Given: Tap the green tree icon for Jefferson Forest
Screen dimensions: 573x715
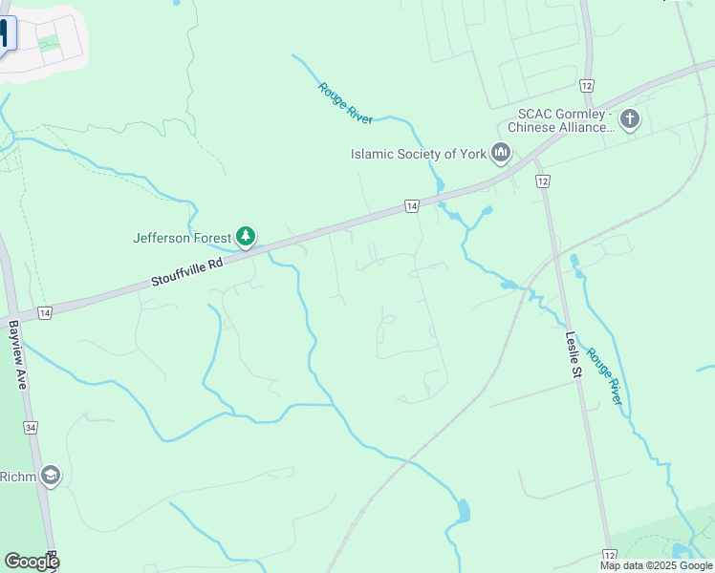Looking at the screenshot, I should [x=246, y=236].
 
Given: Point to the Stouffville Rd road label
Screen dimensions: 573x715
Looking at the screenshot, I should [x=186, y=271].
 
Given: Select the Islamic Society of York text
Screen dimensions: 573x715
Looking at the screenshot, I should [x=418, y=153].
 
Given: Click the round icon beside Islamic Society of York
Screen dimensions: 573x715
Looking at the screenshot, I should [x=501, y=152].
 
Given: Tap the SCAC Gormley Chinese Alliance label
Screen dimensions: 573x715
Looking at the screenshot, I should [x=560, y=120].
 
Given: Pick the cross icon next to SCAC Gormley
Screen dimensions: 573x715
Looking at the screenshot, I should [x=629, y=119].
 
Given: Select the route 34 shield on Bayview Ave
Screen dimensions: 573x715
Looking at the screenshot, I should [x=32, y=428].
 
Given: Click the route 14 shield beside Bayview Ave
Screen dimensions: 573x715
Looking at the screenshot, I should [x=45, y=313].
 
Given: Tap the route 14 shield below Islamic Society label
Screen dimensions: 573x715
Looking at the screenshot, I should [x=411, y=206].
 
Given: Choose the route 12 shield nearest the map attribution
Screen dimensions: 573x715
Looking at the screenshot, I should [x=609, y=555].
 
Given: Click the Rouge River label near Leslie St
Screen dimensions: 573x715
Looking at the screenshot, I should [x=604, y=376].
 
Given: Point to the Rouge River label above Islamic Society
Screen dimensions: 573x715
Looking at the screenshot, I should [x=344, y=102].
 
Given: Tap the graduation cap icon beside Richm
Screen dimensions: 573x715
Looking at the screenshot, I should [x=50, y=476].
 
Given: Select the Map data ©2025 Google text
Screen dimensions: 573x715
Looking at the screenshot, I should [x=656, y=565].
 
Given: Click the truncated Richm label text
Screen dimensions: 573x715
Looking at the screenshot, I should [x=17, y=477].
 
